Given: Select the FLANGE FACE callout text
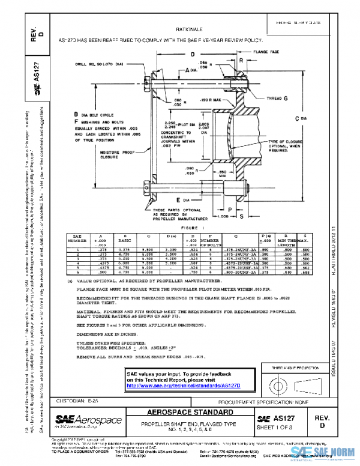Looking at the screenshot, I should coord(267,52).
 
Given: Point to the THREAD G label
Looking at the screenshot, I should coord(276,97).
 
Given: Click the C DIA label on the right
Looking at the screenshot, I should coord(304,118).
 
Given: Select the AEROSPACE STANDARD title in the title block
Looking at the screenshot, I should coord(189,414).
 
